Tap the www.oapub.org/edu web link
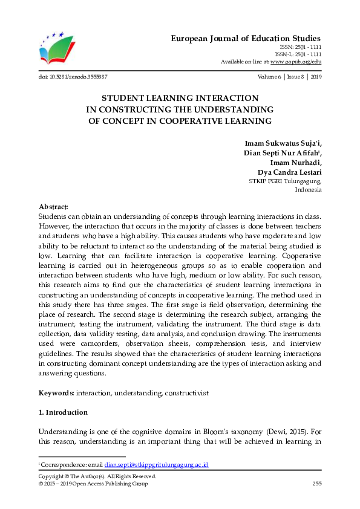click(295, 61)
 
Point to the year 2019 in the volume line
click(315, 77)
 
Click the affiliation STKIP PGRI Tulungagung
click(285, 181)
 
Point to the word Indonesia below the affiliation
click(308, 189)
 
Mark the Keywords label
click(56, 393)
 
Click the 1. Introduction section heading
click(63, 412)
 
